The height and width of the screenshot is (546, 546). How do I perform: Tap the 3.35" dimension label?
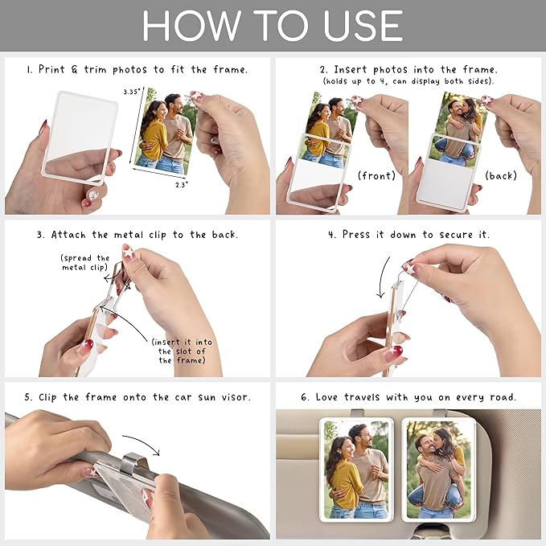(132, 92)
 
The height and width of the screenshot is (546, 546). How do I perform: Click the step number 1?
(29, 69)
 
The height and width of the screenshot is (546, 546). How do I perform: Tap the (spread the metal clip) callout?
(85, 263)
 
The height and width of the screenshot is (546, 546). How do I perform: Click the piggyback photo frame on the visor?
(438, 469)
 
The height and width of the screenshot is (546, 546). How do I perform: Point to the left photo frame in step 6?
(355, 469)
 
